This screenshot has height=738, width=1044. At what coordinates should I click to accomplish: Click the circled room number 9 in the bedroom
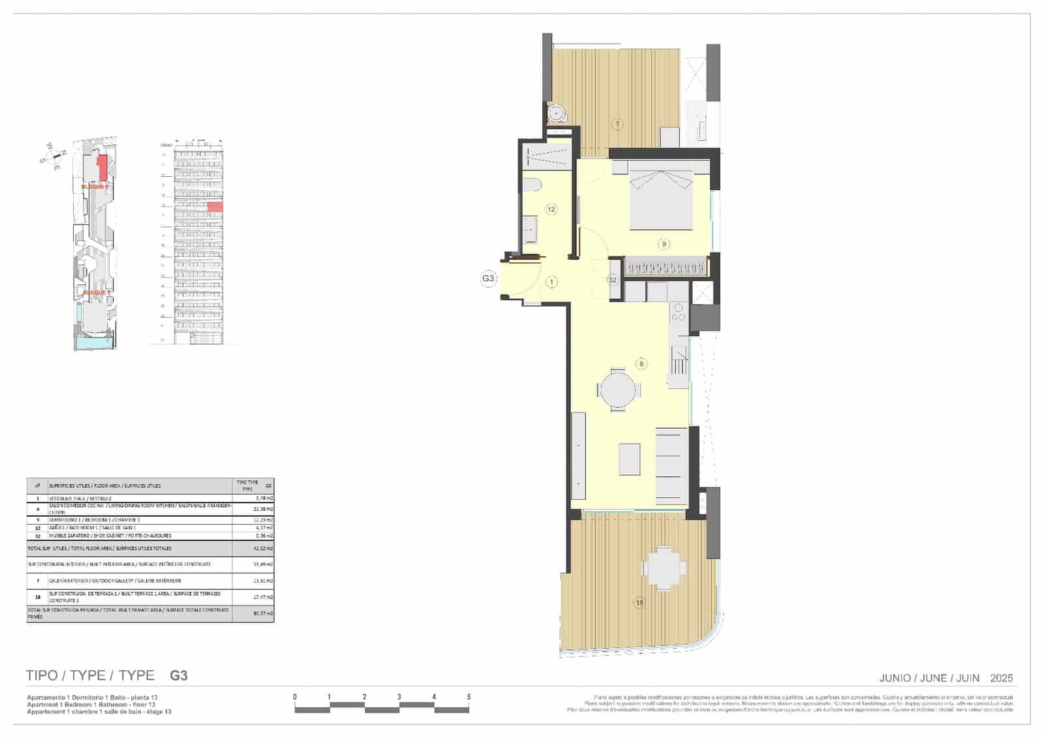(x=664, y=244)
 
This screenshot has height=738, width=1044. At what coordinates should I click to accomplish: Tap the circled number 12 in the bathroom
(x=551, y=209)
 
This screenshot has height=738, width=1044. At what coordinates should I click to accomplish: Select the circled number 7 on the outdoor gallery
(x=617, y=124)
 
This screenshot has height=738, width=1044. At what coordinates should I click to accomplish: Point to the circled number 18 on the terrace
(x=639, y=603)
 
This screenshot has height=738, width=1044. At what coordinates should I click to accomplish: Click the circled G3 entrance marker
(x=488, y=279)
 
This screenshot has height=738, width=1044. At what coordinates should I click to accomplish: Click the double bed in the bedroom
(x=660, y=196)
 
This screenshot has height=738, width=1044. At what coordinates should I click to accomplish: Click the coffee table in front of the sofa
(x=629, y=459)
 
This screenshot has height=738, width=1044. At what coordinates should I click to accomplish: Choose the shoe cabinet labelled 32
(x=613, y=280)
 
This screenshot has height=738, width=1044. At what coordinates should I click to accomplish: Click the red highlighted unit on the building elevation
(x=215, y=207)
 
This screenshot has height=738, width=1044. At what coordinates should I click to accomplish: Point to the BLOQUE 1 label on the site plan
(x=96, y=293)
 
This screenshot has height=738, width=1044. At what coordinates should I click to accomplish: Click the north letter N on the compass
(x=64, y=153)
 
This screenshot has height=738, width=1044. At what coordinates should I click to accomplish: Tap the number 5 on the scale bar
(x=468, y=697)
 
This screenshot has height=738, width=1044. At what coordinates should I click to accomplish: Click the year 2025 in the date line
(x=1001, y=678)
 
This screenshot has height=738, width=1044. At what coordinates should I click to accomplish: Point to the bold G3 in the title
(x=178, y=675)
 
